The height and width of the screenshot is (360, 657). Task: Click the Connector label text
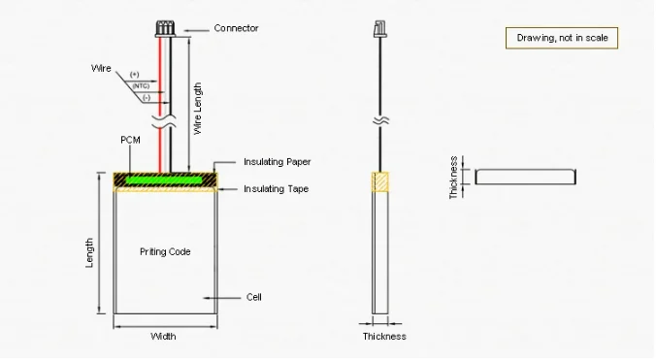[236, 28]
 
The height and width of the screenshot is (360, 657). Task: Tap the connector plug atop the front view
[165, 28]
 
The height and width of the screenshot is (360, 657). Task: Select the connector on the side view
[380, 29]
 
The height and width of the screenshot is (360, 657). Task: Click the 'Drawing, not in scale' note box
[562, 38]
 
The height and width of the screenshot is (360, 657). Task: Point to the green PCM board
[164, 180]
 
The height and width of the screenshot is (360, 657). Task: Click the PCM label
[130, 140]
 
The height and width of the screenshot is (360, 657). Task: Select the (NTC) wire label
[141, 86]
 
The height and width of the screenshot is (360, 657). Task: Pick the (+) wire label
[135, 75]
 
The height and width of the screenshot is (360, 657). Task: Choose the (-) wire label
[147, 98]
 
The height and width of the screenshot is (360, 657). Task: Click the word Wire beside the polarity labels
[101, 68]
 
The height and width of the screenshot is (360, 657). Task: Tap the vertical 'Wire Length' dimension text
[197, 109]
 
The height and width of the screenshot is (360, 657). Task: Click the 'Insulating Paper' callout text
[277, 162]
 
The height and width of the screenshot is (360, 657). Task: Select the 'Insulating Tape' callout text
[277, 189]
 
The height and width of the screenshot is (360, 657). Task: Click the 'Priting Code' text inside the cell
[165, 252]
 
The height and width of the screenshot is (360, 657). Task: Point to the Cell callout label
[254, 297]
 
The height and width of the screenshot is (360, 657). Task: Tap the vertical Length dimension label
[89, 252]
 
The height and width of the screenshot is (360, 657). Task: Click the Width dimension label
[163, 337]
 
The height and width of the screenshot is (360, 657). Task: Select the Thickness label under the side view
[384, 337]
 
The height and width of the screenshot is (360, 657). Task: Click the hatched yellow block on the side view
[380, 181]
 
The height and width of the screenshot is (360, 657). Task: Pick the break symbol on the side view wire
[380, 120]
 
